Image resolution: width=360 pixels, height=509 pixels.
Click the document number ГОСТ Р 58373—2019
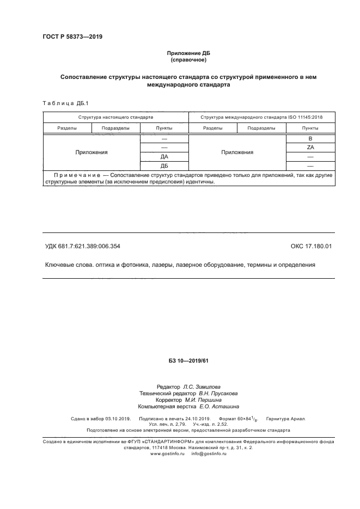(x=72, y=37)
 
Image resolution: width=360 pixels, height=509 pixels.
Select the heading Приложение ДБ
(x=188, y=53)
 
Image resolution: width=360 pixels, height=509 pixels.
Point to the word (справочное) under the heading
(x=188, y=60)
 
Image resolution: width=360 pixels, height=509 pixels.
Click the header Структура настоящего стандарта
(x=115, y=117)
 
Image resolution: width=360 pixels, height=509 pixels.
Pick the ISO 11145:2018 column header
(x=261, y=117)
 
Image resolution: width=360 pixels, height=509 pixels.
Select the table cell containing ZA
(x=310, y=148)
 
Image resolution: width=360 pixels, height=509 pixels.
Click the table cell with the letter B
(x=310, y=139)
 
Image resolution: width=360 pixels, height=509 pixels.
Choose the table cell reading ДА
(x=164, y=157)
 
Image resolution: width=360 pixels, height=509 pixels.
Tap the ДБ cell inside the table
(x=164, y=165)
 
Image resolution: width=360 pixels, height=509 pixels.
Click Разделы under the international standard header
(x=212, y=128)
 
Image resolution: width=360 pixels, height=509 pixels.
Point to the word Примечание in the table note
(x=77, y=175)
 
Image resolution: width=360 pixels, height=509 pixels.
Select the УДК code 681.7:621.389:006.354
(x=82, y=246)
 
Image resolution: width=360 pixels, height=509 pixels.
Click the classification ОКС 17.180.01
(x=311, y=246)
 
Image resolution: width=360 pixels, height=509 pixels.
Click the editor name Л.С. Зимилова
(x=202, y=386)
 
